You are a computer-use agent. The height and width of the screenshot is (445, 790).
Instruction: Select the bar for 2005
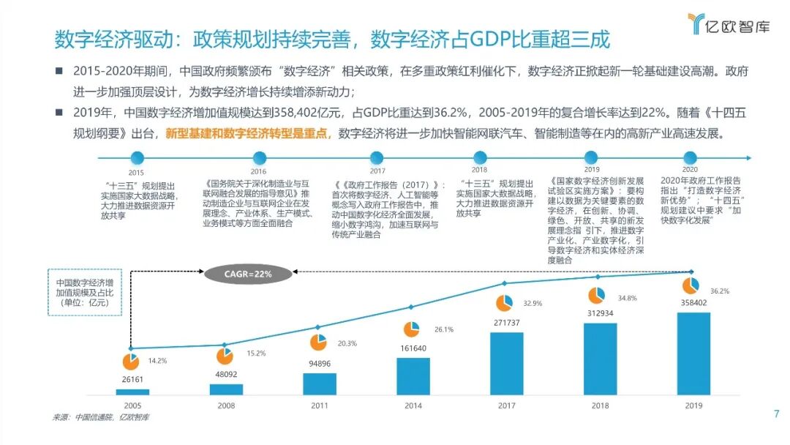click(132, 392)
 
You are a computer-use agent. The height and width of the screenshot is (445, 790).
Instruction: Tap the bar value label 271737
click(506, 323)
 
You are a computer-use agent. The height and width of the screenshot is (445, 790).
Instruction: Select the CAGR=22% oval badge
click(238, 274)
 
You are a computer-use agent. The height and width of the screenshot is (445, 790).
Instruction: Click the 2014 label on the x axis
click(413, 405)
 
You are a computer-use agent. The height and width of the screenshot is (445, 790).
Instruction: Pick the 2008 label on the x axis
click(225, 405)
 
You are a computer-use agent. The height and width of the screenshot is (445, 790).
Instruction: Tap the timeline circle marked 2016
click(258, 157)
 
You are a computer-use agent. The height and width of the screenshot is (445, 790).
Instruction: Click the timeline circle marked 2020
click(689, 157)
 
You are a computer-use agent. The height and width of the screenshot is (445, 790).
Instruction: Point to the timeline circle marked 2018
click(480, 157)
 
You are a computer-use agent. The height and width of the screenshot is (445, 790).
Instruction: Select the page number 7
click(776, 414)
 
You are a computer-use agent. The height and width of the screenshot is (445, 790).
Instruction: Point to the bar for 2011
click(320, 384)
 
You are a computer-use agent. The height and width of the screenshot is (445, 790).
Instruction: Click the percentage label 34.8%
click(627, 298)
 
